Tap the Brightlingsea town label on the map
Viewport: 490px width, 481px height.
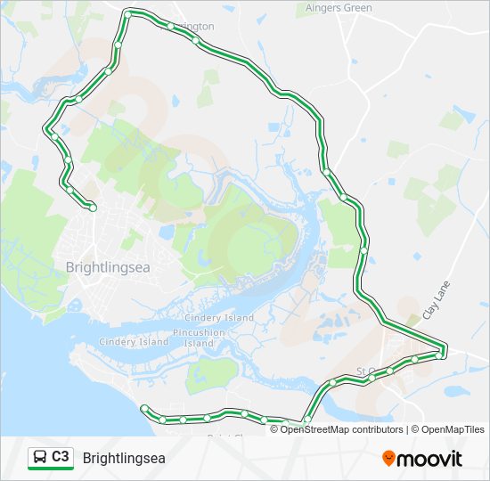(109, 265)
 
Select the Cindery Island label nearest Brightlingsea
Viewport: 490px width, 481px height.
(219, 318)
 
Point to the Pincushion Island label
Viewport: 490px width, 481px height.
(200, 338)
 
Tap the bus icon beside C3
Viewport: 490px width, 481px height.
(40, 458)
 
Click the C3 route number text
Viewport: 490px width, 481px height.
(61, 457)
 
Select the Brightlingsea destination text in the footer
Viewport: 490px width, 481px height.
(124, 458)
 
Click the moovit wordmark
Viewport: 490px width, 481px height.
(430, 459)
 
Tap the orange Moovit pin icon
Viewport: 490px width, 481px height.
(388, 459)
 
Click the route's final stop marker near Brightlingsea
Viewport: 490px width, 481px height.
(93, 208)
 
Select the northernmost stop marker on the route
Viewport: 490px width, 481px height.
(128, 14)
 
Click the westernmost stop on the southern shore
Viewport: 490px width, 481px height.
(144, 408)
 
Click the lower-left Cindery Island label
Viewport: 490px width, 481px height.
(134, 341)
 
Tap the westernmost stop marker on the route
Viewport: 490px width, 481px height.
(45, 130)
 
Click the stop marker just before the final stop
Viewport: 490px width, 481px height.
(69, 189)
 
